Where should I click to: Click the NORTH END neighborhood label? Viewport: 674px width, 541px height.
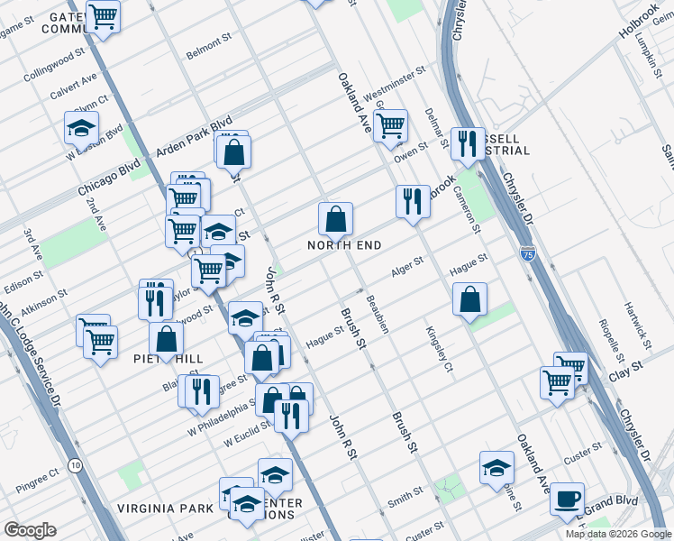(344, 245)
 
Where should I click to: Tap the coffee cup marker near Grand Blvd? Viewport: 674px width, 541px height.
(567, 499)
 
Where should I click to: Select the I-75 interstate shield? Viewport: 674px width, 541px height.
(528, 253)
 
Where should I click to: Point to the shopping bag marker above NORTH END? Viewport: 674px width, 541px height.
(335, 219)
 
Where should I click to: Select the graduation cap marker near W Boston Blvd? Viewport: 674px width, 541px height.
(81, 128)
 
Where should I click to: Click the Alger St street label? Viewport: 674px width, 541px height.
(407, 272)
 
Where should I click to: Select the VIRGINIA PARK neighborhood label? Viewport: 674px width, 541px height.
(164, 509)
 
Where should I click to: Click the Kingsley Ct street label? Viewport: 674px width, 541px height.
(437, 348)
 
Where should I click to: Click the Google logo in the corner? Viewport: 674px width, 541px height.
(30, 530)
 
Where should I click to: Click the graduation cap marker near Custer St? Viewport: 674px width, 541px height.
(496, 467)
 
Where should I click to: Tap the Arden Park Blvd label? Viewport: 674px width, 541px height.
(196, 134)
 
